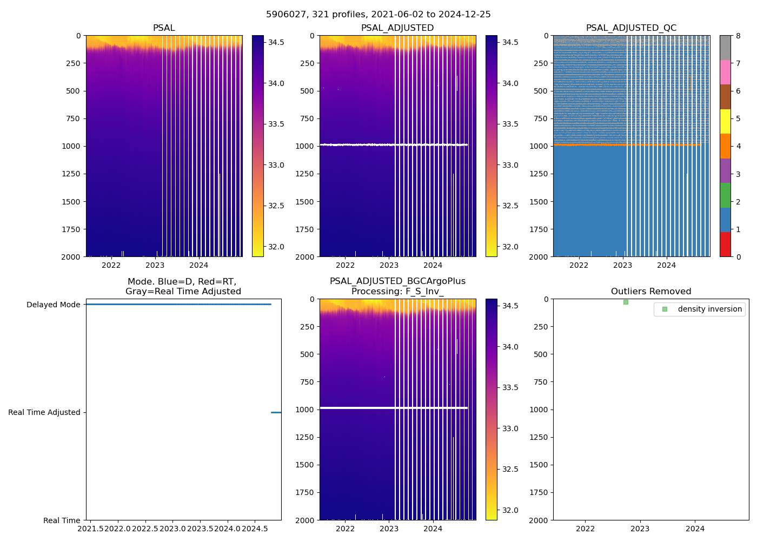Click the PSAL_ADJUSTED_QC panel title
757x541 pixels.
(x=631, y=28)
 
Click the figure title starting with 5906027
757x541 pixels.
(x=378, y=15)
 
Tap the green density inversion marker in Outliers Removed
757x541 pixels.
(x=626, y=302)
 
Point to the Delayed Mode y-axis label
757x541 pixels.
(x=53, y=305)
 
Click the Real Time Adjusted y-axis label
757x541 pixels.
(x=44, y=412)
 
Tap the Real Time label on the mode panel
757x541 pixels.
(x=62, y=520)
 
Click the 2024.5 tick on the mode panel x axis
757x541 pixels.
(x=255, y=528)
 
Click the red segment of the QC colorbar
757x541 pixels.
(x=725, y=244)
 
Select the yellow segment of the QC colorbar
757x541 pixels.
(x=725, y=121)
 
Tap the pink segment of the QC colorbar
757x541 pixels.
(x=725, y=72)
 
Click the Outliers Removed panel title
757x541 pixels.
(x=651, y=292)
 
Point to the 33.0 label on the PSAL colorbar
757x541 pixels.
(x=276, y=165)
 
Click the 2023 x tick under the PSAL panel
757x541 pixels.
(x=155, y=265)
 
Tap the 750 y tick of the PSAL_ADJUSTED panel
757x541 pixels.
(x=305, y=118)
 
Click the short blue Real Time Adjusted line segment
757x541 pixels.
(x=276, y=412)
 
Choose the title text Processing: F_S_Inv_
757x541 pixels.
(x=397, y=292)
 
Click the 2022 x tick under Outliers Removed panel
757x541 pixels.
(x=585, y=529)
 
